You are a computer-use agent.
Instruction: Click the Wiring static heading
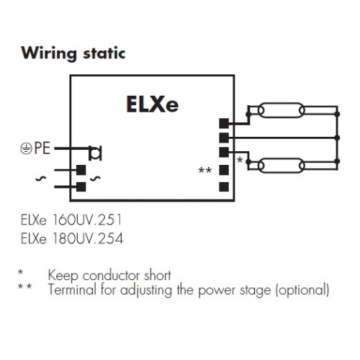pos(73,54)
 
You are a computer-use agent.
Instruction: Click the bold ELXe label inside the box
pos(153,104)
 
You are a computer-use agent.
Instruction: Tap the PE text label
pos(42,148)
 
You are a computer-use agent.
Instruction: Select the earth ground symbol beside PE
pos(26,148)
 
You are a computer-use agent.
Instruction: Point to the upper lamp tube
pos(282,110)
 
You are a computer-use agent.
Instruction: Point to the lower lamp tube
pos(282,166)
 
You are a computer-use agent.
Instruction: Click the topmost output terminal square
pos(224,123)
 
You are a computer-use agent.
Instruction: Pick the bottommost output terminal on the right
pos(224,186)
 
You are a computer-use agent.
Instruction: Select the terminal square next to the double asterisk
pos(224,170)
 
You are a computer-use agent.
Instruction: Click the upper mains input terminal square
pos(81,170)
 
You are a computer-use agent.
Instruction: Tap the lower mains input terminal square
pos(81,186)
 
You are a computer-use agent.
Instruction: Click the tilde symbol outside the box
pos(40,179)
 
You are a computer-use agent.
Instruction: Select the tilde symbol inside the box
pos(95,179)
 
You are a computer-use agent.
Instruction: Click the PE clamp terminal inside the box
pos(95,153)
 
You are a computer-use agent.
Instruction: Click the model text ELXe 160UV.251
pos(71,220)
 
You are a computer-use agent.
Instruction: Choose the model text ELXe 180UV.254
pos(72,238)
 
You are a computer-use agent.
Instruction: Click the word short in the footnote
pos(158,275)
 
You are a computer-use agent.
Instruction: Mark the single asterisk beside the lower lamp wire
pos(240,160)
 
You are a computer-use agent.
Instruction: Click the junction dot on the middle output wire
pos(337,138)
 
